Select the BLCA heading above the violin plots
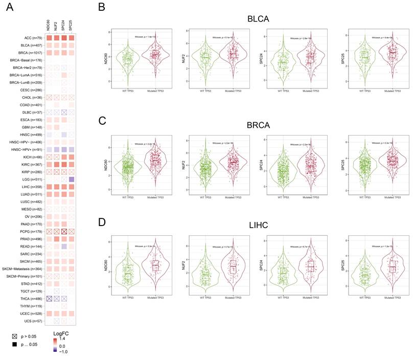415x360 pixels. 257,19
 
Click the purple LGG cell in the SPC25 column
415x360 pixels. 72,179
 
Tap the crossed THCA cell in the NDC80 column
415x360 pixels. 49,298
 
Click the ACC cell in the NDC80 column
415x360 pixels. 49,38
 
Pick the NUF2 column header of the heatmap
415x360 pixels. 57,25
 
